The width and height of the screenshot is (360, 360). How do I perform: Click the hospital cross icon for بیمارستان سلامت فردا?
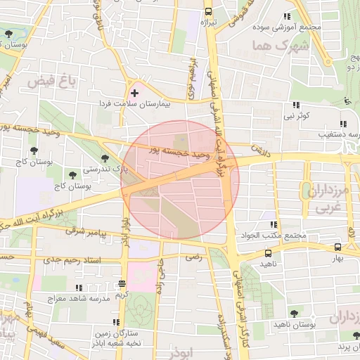(x=134, y=93)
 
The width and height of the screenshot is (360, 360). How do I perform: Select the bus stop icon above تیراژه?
(x=207, y=11)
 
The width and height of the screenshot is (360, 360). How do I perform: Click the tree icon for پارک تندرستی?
(x=105, y=159)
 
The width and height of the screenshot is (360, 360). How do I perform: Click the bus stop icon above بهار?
(x=337, y=247)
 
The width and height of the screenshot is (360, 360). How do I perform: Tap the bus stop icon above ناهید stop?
(x=267, y=252)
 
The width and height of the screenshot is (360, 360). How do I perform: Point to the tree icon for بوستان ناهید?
(x=293, y=314)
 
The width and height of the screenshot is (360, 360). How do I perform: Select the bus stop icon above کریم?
(x=122, y=284)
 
